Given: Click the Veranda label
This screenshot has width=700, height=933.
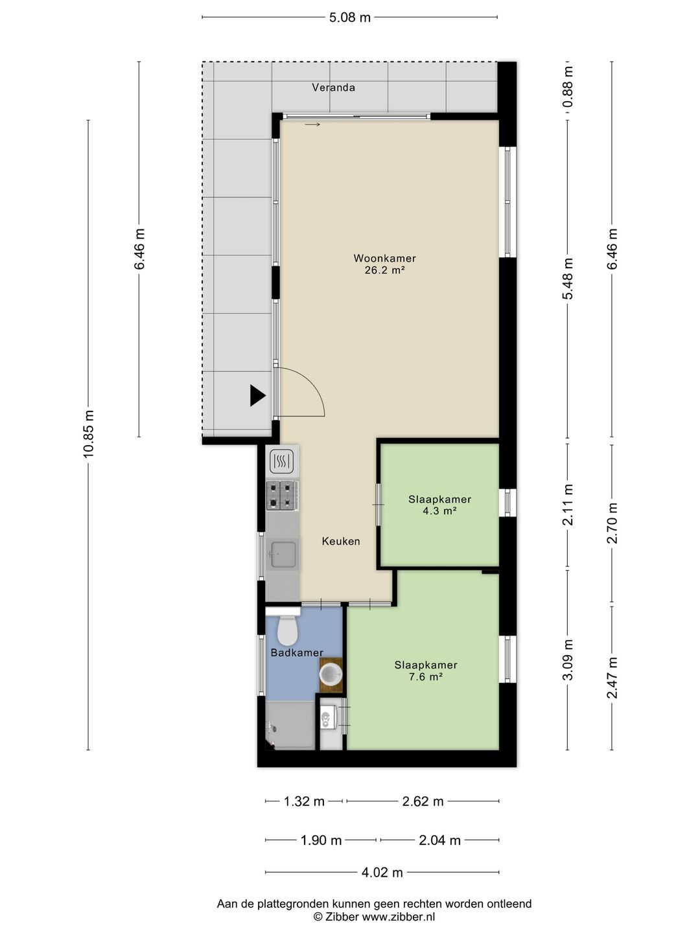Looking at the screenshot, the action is (x=333, y=87).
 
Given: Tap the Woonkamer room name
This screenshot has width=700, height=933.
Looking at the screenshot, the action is (x=384, y=258).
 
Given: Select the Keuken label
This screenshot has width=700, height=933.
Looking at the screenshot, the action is (x=341, y=541).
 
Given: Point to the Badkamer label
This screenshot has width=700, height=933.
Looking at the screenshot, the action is (x=297, y=652).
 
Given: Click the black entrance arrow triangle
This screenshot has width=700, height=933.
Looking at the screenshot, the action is (x=257, y=395).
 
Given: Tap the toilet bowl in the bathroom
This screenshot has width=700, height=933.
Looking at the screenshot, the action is (x=286, y=630).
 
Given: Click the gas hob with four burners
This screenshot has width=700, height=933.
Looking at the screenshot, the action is (x=282, y=495).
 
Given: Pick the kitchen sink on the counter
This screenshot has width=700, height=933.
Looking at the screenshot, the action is (x=283, y=554).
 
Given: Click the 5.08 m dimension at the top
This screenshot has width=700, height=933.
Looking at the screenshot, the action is (x=350, y=17).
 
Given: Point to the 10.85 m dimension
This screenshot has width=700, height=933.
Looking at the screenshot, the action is (x=88, y=434).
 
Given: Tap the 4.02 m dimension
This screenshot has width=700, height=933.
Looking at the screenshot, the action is (x=382, y=873).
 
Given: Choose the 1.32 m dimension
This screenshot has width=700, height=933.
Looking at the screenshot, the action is (x=304, y=801).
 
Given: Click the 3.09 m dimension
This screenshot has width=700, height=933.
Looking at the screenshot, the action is (x=568, y=660).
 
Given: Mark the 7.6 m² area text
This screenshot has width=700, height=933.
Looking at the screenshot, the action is (x=425, y=676).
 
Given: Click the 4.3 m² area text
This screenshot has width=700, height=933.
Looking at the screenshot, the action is (x=439, y=511).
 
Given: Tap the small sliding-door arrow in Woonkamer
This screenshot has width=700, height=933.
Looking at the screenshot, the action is (x=312, y=124).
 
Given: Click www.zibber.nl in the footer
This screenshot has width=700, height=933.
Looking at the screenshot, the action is (x=398, y=916).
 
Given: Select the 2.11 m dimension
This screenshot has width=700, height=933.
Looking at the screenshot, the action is (x=568, y=504).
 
